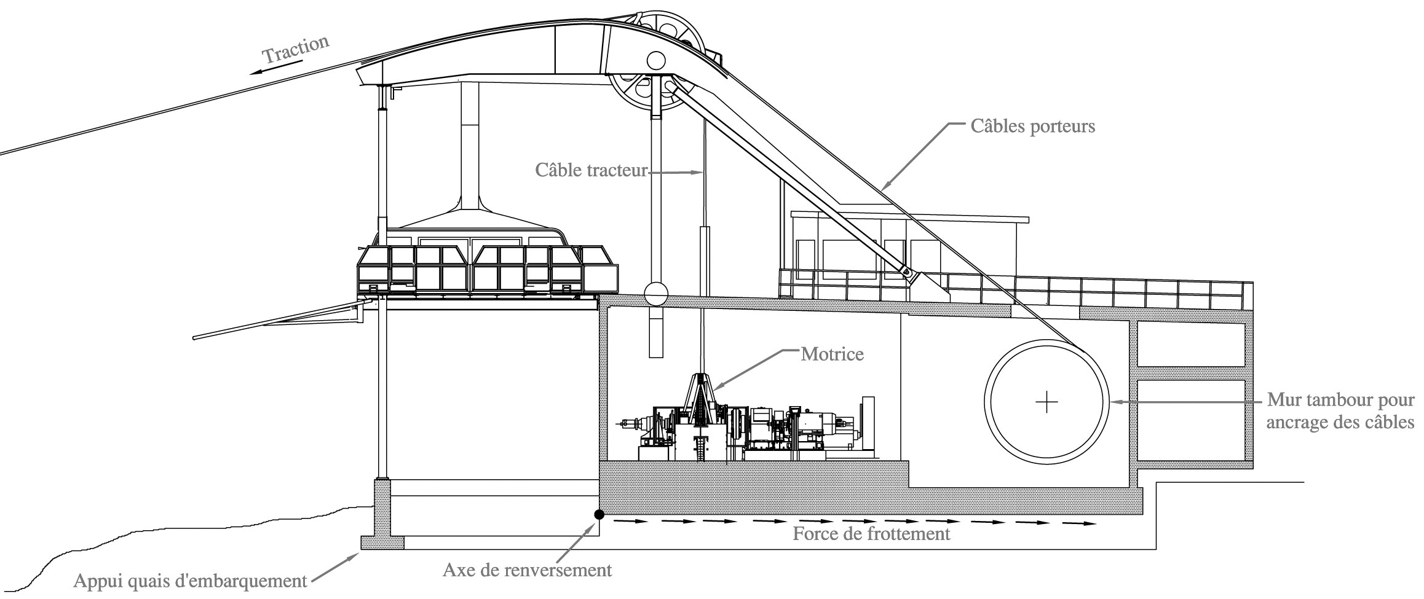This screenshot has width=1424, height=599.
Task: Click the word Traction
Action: [296, 50]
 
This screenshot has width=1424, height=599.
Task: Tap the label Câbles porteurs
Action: [1033, 127]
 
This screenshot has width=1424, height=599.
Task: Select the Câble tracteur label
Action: [591, 170]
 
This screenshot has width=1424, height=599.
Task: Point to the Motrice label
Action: [832, 354]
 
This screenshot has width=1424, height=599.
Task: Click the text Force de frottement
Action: [871, 533]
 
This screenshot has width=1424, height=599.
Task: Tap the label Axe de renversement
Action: [527, 570]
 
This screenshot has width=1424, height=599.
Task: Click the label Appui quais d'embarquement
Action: [190, 581]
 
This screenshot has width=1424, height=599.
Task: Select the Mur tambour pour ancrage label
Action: [1340, 412]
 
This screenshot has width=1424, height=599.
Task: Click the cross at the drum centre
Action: [1046, 402]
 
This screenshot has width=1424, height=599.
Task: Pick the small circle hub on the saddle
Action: [655, 60]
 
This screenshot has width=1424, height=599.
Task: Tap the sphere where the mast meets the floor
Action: [655, 294]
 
